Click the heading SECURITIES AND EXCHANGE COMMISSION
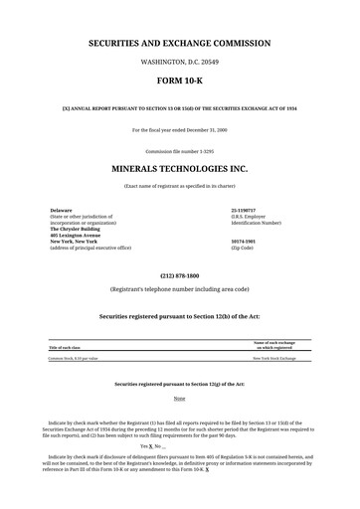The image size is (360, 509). [x=179, y=46]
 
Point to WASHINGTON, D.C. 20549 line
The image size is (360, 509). [x=179, y=63]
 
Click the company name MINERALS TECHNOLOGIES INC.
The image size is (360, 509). [x=179, y=170]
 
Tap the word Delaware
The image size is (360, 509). [x=62, y=211]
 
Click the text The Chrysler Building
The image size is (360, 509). [x=76, y=229]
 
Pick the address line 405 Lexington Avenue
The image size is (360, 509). [x=77, y=235]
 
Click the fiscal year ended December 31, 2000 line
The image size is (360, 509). [x=179, y=130]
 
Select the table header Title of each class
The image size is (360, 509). [x=69, y=348]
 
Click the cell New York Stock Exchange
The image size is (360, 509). [x=274, y=358]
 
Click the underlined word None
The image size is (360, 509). [x=179, y=398]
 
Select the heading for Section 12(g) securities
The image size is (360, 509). [x=179, y=383]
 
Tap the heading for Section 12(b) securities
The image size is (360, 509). [x=179, y=315]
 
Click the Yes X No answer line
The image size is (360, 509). [x=179, y=446]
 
